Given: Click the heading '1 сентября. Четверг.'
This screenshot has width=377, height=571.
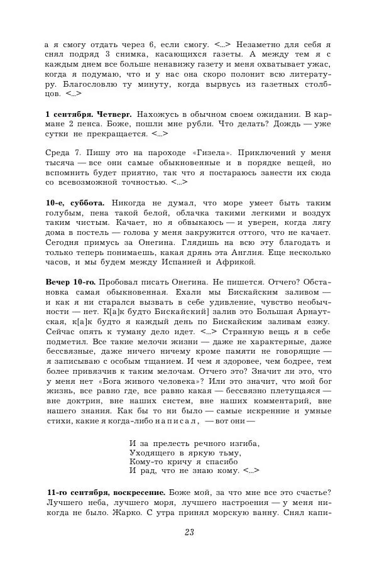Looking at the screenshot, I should coord(89,114).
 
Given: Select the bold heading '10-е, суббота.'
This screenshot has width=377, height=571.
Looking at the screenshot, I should coord(75,203).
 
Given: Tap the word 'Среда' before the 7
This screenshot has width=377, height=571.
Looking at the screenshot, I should coord(60,153).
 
